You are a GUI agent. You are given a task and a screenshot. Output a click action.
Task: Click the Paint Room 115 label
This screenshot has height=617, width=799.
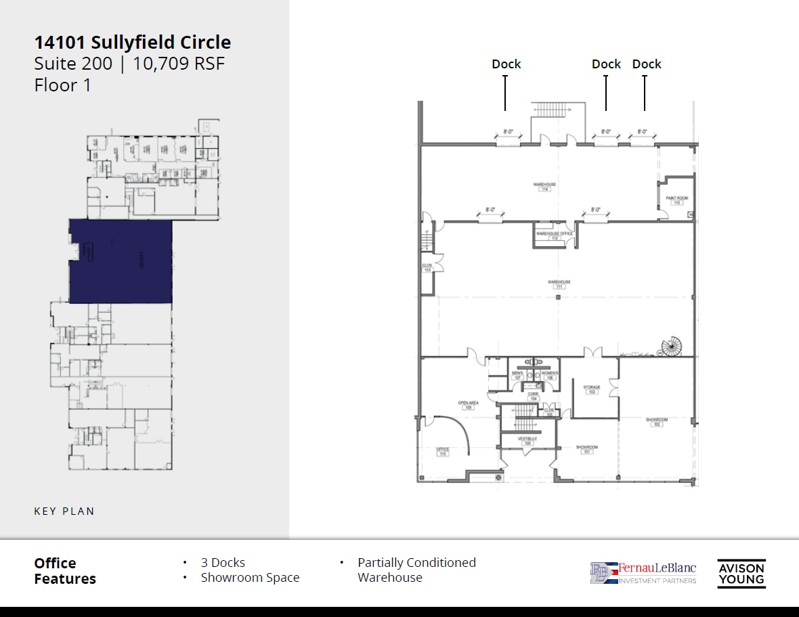[676, 200]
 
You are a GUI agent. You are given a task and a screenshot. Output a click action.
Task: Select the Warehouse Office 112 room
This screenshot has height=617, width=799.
[555, 236]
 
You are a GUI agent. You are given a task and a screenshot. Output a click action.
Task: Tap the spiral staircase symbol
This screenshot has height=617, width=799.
[672, 348]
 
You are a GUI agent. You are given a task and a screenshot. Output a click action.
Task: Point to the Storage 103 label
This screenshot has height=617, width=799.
[592, 390]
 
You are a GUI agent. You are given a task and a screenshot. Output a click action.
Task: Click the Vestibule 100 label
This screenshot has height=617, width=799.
[527, 441]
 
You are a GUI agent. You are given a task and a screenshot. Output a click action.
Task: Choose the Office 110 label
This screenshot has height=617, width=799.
[443, 451]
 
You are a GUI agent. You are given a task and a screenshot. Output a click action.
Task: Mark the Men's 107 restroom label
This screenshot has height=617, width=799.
[517, 375]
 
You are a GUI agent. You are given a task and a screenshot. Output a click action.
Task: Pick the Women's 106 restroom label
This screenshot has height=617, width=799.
[550, 375]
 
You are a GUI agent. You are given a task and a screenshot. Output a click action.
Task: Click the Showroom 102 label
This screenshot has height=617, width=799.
[656, 421]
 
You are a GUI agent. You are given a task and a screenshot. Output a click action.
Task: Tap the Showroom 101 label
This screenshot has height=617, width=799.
[587, 449]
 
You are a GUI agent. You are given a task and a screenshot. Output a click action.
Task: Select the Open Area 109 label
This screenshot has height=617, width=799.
[468, 405]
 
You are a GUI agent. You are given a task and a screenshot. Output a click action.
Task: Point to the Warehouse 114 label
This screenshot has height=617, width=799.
[544, 186]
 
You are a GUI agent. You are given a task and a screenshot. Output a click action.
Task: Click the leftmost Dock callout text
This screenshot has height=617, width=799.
[506, 64]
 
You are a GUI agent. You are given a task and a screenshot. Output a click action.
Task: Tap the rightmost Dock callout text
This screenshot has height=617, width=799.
[647, 64]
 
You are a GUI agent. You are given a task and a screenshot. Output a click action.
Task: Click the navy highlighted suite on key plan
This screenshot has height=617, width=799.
[121, 260]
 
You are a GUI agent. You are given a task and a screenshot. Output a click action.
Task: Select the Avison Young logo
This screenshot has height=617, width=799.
[741, 573]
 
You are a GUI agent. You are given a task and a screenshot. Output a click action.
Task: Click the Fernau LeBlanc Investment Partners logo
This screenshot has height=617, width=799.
[643, 572]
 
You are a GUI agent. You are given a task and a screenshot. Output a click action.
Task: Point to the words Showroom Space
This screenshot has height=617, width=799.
[250, 578]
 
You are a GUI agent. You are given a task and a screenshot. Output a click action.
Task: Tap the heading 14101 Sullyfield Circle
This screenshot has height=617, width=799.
[133, 43]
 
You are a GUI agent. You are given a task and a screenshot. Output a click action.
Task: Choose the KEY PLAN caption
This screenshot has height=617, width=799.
[64, 511]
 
